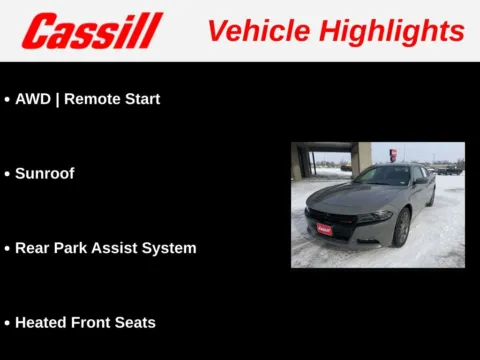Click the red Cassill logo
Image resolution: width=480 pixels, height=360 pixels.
[x=92, y=31]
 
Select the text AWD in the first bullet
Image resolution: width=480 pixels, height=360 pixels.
[x=32, y=99]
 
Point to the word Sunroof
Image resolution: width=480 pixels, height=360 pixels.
[x=45, y=173]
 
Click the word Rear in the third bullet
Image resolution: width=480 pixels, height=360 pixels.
[x=32, y=248]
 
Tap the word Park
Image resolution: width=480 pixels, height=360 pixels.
[x=73, y=248]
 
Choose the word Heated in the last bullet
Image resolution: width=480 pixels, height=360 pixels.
[x=41, y=322]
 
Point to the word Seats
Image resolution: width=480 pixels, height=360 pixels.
[x=137, y=322]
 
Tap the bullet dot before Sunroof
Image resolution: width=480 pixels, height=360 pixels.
[x=7, y=174]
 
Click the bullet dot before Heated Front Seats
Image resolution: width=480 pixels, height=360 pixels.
[x=7, y=323]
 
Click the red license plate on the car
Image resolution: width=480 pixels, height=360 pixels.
[x=324, y=228]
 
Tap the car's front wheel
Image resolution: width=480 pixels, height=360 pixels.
[x=402, y=228]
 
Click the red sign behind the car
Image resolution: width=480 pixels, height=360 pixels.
[x=393, y=155]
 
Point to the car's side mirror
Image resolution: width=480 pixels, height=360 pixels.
[x=420, y=181]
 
